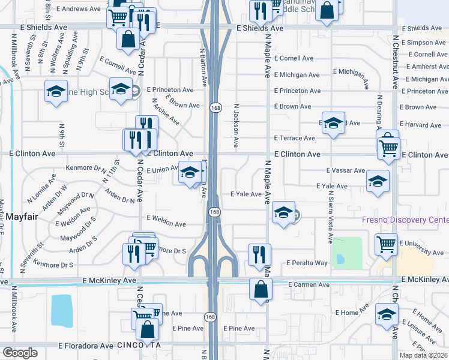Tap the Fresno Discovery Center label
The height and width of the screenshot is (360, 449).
coord(404,220)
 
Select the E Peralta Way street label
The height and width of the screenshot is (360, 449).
coord(307,263)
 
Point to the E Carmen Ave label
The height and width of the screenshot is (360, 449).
coord(309,284)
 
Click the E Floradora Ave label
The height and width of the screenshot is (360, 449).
coord(85,346)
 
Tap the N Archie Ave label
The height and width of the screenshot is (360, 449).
coord(166,114)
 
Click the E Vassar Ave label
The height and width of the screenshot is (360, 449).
coord(345,170)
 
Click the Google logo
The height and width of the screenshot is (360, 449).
coord(19,353)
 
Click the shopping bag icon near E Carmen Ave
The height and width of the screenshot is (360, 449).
coord(261,289)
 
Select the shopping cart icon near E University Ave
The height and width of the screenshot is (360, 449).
coord(386,244)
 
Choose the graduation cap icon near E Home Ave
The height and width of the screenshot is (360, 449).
coord(387,314)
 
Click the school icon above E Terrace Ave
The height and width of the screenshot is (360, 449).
coord(333,122)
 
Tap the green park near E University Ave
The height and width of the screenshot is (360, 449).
coord(346,253)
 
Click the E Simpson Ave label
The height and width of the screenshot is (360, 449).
coord(424,43)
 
